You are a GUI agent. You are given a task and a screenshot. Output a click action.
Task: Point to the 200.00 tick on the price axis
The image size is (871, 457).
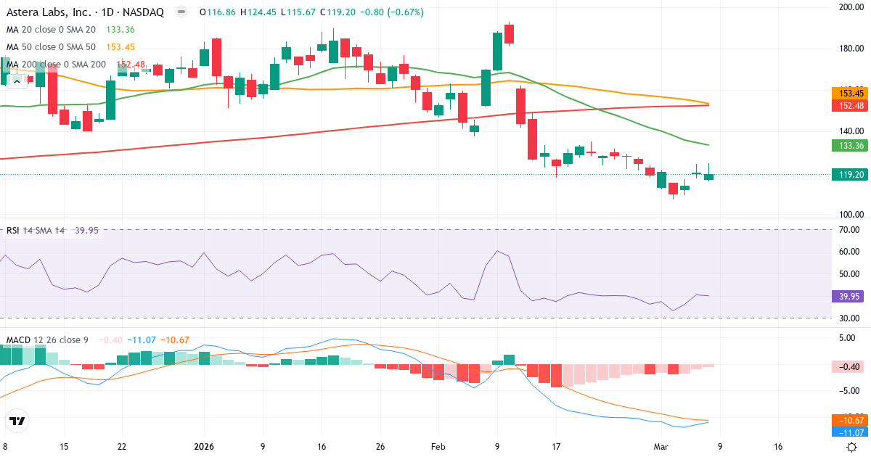click(x=850, y=7)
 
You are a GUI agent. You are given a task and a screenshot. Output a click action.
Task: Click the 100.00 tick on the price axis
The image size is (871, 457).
click(x=850, y=215)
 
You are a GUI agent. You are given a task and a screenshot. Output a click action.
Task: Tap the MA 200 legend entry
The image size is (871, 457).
click(x=56, y=65)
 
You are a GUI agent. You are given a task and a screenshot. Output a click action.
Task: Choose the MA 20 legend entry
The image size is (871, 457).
click(x=51, y=30)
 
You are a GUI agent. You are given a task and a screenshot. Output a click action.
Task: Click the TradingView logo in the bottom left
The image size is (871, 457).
click(x=17, y=421)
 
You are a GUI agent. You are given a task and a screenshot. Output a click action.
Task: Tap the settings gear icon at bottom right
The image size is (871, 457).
click(x=853, y=447)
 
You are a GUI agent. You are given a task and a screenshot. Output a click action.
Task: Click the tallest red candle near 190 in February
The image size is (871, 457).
click(x=510, y=34)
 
